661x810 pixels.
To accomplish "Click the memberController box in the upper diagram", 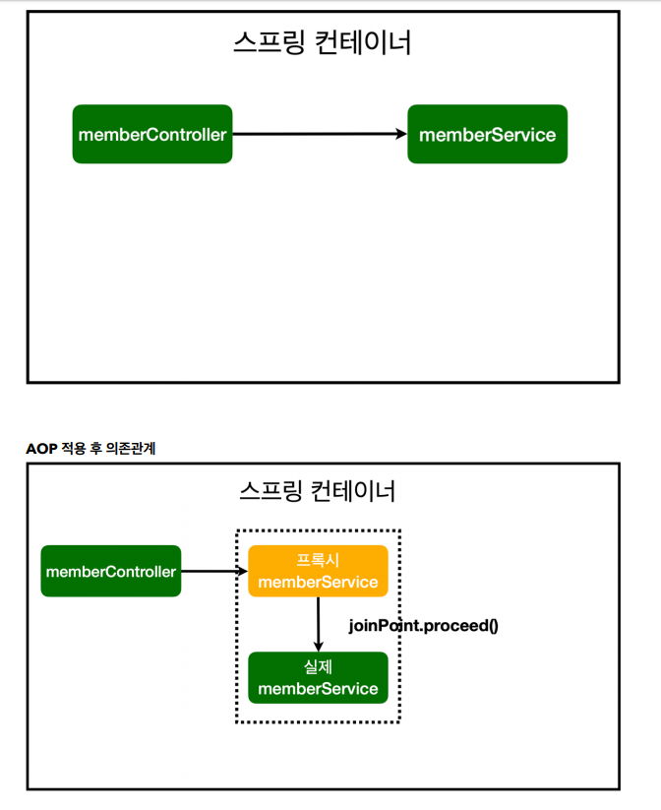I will (x=151, y=134).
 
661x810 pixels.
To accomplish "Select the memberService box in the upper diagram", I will (x=487, y=134).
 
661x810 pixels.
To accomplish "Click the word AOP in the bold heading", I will (x=41, y=448).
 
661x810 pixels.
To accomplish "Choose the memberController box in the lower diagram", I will (x=110, y=571).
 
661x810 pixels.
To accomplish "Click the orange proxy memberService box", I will (x=318, y=571).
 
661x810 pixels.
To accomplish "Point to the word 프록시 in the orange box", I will (x=318, y=560).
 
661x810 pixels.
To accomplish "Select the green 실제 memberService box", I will (x=318, y=677).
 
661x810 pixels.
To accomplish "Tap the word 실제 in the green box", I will (x=318, y=666).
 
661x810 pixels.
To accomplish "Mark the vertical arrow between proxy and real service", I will (x=318, y=623).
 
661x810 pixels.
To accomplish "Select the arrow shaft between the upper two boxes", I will (x=315, y=134).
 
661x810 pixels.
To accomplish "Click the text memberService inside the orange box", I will (x=318, y=582).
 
